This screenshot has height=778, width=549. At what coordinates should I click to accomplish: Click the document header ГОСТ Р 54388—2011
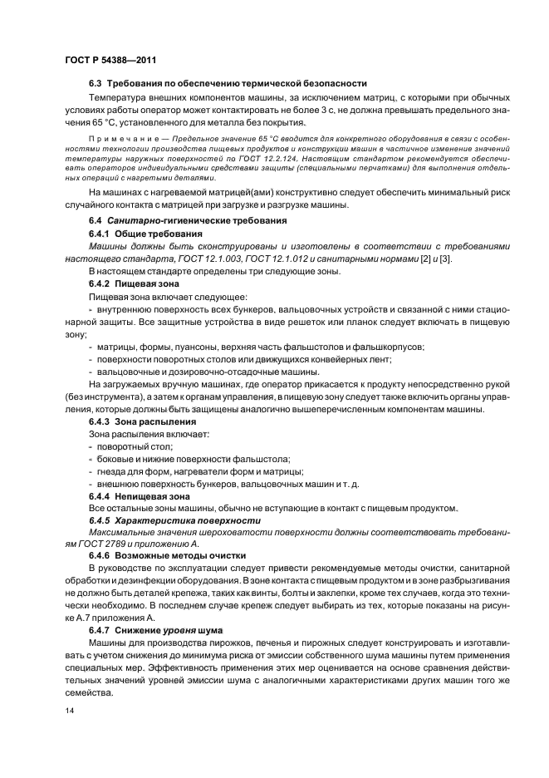(x=110, y=60)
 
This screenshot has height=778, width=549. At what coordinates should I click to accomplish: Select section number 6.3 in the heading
(x=96, y=83)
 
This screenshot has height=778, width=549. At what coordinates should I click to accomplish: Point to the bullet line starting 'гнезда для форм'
(x=197, y=470)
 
